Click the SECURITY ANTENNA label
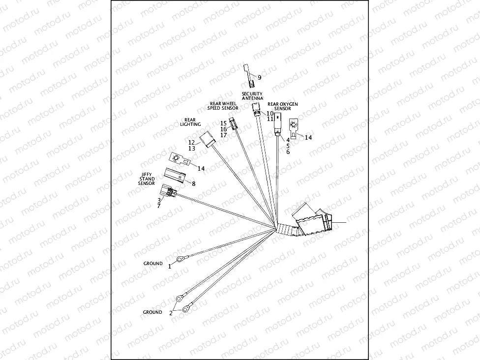[x=252, y=96]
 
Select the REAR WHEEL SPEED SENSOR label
[x=222, y=106]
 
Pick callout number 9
[x=259, y=77]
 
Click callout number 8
[x=193, y=183]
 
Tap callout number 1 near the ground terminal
[x=170, y=266]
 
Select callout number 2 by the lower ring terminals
[x=172, y=312]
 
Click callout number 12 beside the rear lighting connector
[x=191, y=142]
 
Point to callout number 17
[x=223, y=135]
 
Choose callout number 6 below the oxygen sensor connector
[x=288, y=152]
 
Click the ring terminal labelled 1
[x=180, y=258]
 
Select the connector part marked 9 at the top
[x=248, y=74]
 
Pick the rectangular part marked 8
[x=175, y=175]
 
